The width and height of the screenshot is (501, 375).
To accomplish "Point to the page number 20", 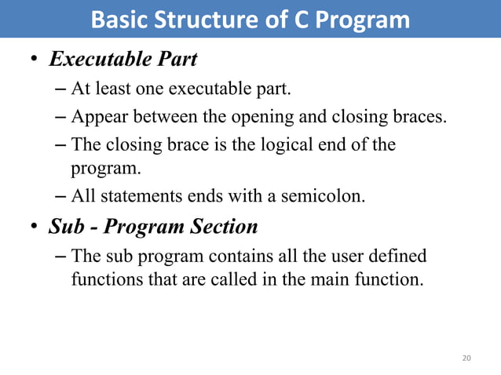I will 467,359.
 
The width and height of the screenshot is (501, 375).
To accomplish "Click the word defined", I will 397,256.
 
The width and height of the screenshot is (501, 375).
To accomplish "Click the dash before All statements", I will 61,195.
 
